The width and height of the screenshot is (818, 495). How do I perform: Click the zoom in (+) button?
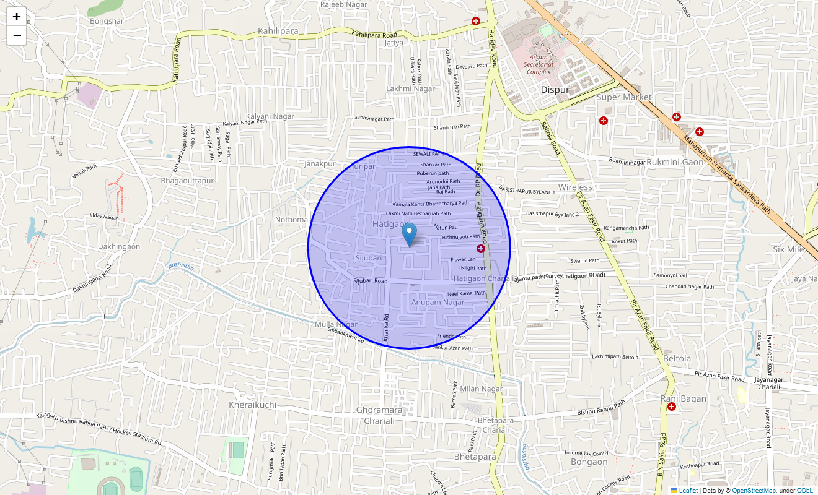point(17,17)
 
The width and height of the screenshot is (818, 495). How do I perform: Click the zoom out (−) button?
point(17,35)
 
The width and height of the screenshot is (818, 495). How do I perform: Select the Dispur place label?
point(555,90)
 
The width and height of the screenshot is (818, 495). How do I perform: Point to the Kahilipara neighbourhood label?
point(278,31)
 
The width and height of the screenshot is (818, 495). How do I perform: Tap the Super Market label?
point(624,97)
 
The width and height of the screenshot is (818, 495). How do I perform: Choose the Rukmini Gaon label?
point(675,162)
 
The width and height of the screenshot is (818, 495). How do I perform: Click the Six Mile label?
point(788,249)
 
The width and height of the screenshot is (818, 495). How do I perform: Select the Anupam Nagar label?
point(438,302)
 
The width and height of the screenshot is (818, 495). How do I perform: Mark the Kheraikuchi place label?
point(253,405)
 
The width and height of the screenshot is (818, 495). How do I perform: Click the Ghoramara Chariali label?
point(379,415)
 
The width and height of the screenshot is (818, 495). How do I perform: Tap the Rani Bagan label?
point(684,398)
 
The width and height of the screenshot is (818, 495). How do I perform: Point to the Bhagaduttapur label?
point(187,181)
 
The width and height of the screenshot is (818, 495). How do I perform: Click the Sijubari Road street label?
point(370,281)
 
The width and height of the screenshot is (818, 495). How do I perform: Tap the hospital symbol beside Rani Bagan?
point(671,407)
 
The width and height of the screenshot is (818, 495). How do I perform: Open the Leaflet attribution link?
point(688,491)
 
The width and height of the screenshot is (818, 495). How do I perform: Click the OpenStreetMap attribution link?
point(754,491)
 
